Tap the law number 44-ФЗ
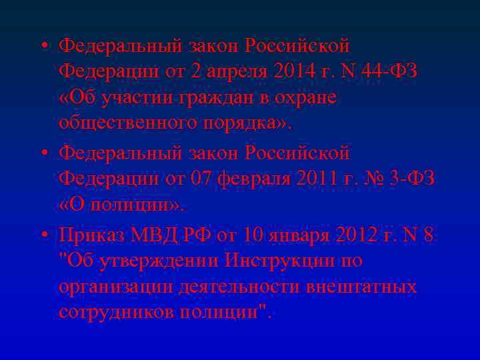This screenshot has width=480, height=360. pos(393,71)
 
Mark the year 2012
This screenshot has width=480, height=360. pos(356,234)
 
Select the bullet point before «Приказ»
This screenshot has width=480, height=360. pos(44,235)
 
